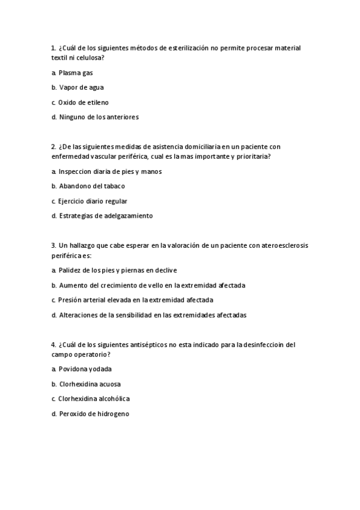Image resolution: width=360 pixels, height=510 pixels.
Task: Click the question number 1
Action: [53, 48]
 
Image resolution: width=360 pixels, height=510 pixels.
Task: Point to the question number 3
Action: [53, 245]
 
